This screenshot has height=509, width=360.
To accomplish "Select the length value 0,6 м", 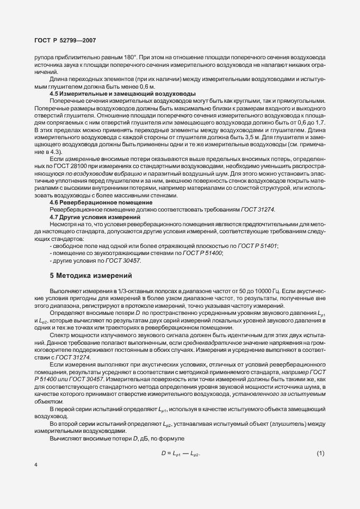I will pyautogui.click(x=146, y=87).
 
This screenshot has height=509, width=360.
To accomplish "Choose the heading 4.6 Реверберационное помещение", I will pyautogui.click(x=101, y=202).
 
